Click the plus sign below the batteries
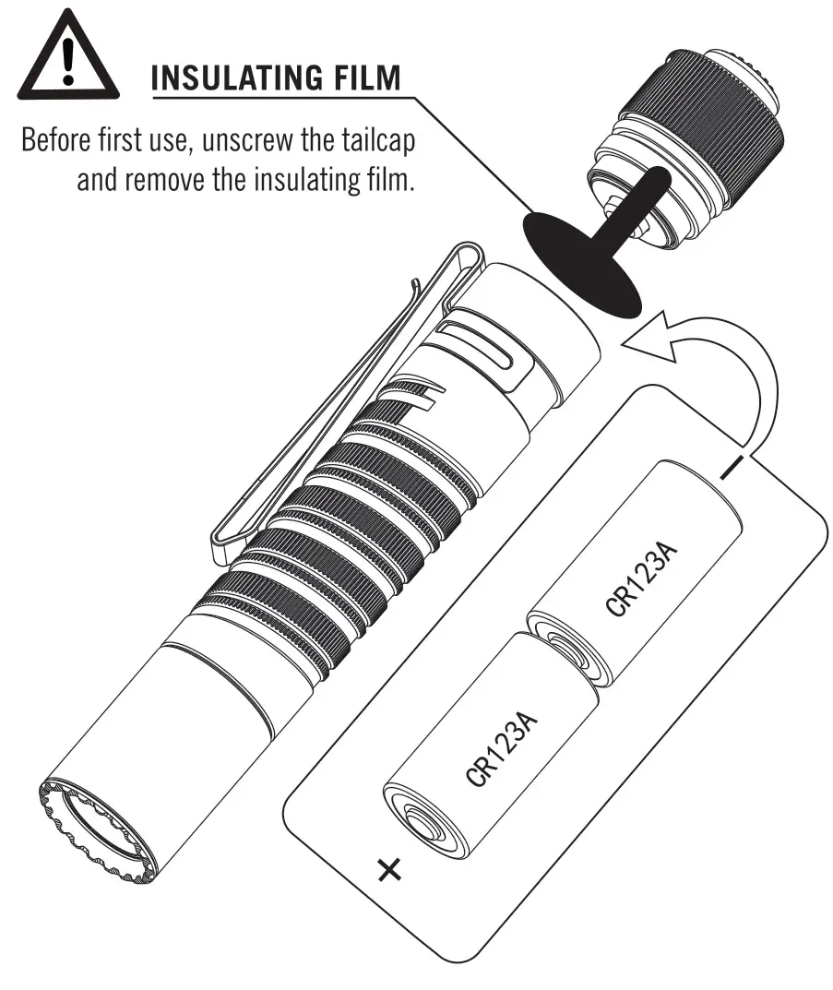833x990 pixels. click(x=391, y=868)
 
